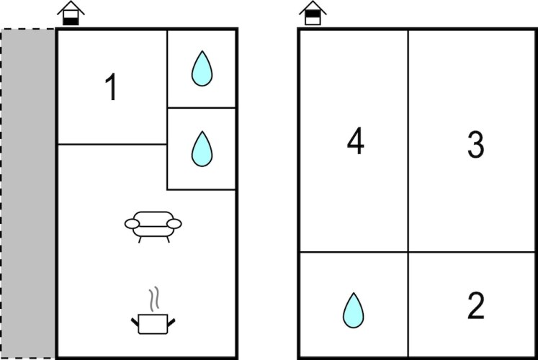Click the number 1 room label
pyautogui.click(x=112, y=87)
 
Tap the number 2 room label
pyautogui.click(x=476, y=305)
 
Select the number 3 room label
pyautogui.click(x=476, y=144)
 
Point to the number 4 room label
pyautogui.click(x=356, y=140)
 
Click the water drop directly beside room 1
pyautogui.click(x=202, y=68)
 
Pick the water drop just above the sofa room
pyautogui.click(x=202, y=149)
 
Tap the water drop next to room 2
pyautogui.click(x=354, y=310)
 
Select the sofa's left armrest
pyautogui.click(x=132, y=224)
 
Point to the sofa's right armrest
pyautogui.click(x=174, y=224)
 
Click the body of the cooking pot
pyautogui.click(x=153, y=324)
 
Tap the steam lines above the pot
pyautogui.click(x=154, y=299)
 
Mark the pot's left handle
pyautogui.click(x=135, y=323)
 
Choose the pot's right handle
pyautogui.click(x=171, y=323)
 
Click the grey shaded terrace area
pyautogui.click(x=28, y=194)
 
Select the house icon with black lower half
pyautogui.click(x=71, y=14)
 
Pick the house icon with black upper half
pyautogui.click(x=313, y=13)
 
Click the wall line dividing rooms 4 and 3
pyautogui.click(x=408, y=141)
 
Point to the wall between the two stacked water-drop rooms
pyautogui.click(x=202, y=108)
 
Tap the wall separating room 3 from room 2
pyautogui.click(x=472, y=252)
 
